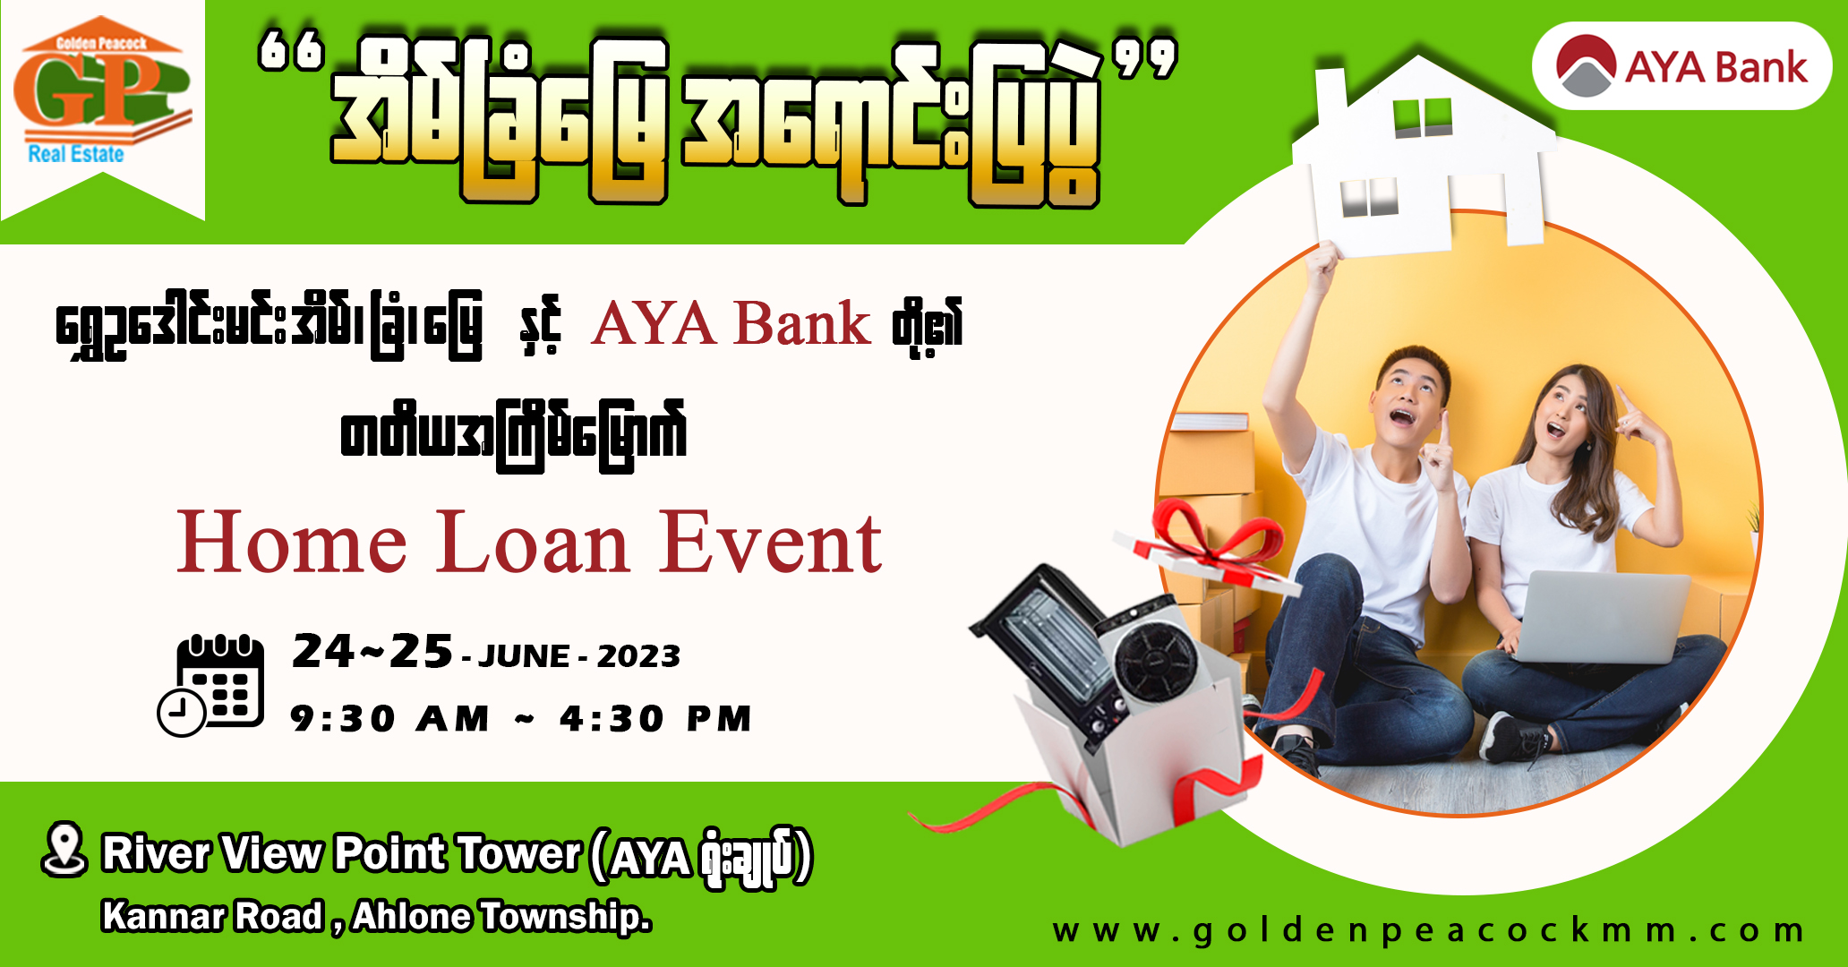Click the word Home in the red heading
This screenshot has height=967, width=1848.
tap(292, 543)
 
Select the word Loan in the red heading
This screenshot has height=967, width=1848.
tap(534, 543)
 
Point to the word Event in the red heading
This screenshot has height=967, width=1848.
tap(771, 543)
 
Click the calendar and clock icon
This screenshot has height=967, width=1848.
tap(211, 684)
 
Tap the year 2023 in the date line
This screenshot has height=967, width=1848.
tap(638, 656)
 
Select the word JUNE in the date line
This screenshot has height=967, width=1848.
tap(524, 656)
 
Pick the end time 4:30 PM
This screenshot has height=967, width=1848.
tap(655, 719)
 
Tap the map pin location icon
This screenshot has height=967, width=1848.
tap(64, 849)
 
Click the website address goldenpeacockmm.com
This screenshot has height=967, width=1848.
tap(1428, 930)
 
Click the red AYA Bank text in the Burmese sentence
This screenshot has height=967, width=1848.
tap(731, 323)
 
